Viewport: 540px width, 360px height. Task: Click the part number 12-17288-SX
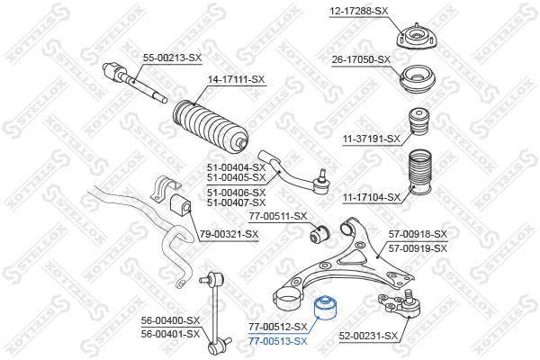(x=358, y=12)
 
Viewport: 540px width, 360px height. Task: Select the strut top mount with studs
(x=417, y=37)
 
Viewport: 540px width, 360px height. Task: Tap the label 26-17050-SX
(x=361, y=60)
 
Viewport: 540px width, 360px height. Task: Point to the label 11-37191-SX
(x=372, y=139)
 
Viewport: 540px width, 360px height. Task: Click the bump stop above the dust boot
(x=419, y=122)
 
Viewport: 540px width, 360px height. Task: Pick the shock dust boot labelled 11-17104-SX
(x=419, y=172)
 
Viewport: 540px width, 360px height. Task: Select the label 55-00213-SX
(x=172, y=58)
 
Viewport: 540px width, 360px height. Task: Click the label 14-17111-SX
(x=236, y=79)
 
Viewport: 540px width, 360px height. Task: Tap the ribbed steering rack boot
(x=210, y=126)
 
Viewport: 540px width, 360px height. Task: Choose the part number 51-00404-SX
(x=236, y=167)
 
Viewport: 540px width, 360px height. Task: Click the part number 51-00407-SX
(x=236, y=202)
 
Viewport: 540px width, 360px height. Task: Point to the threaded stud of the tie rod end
(x=322, y=175)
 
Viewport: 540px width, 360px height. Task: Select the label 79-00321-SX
(x=229, y=234)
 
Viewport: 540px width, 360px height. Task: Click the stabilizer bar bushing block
(x=181, y=206)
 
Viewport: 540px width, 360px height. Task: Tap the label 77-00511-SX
(x=278, y=216)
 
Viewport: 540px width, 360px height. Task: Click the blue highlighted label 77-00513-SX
(x=278, y=341)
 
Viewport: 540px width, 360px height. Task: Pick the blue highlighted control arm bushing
(x=327, y=307)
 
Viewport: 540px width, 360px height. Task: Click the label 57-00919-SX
(x=418, y=248)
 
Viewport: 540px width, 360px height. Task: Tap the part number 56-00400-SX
(x=170, y=320)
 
